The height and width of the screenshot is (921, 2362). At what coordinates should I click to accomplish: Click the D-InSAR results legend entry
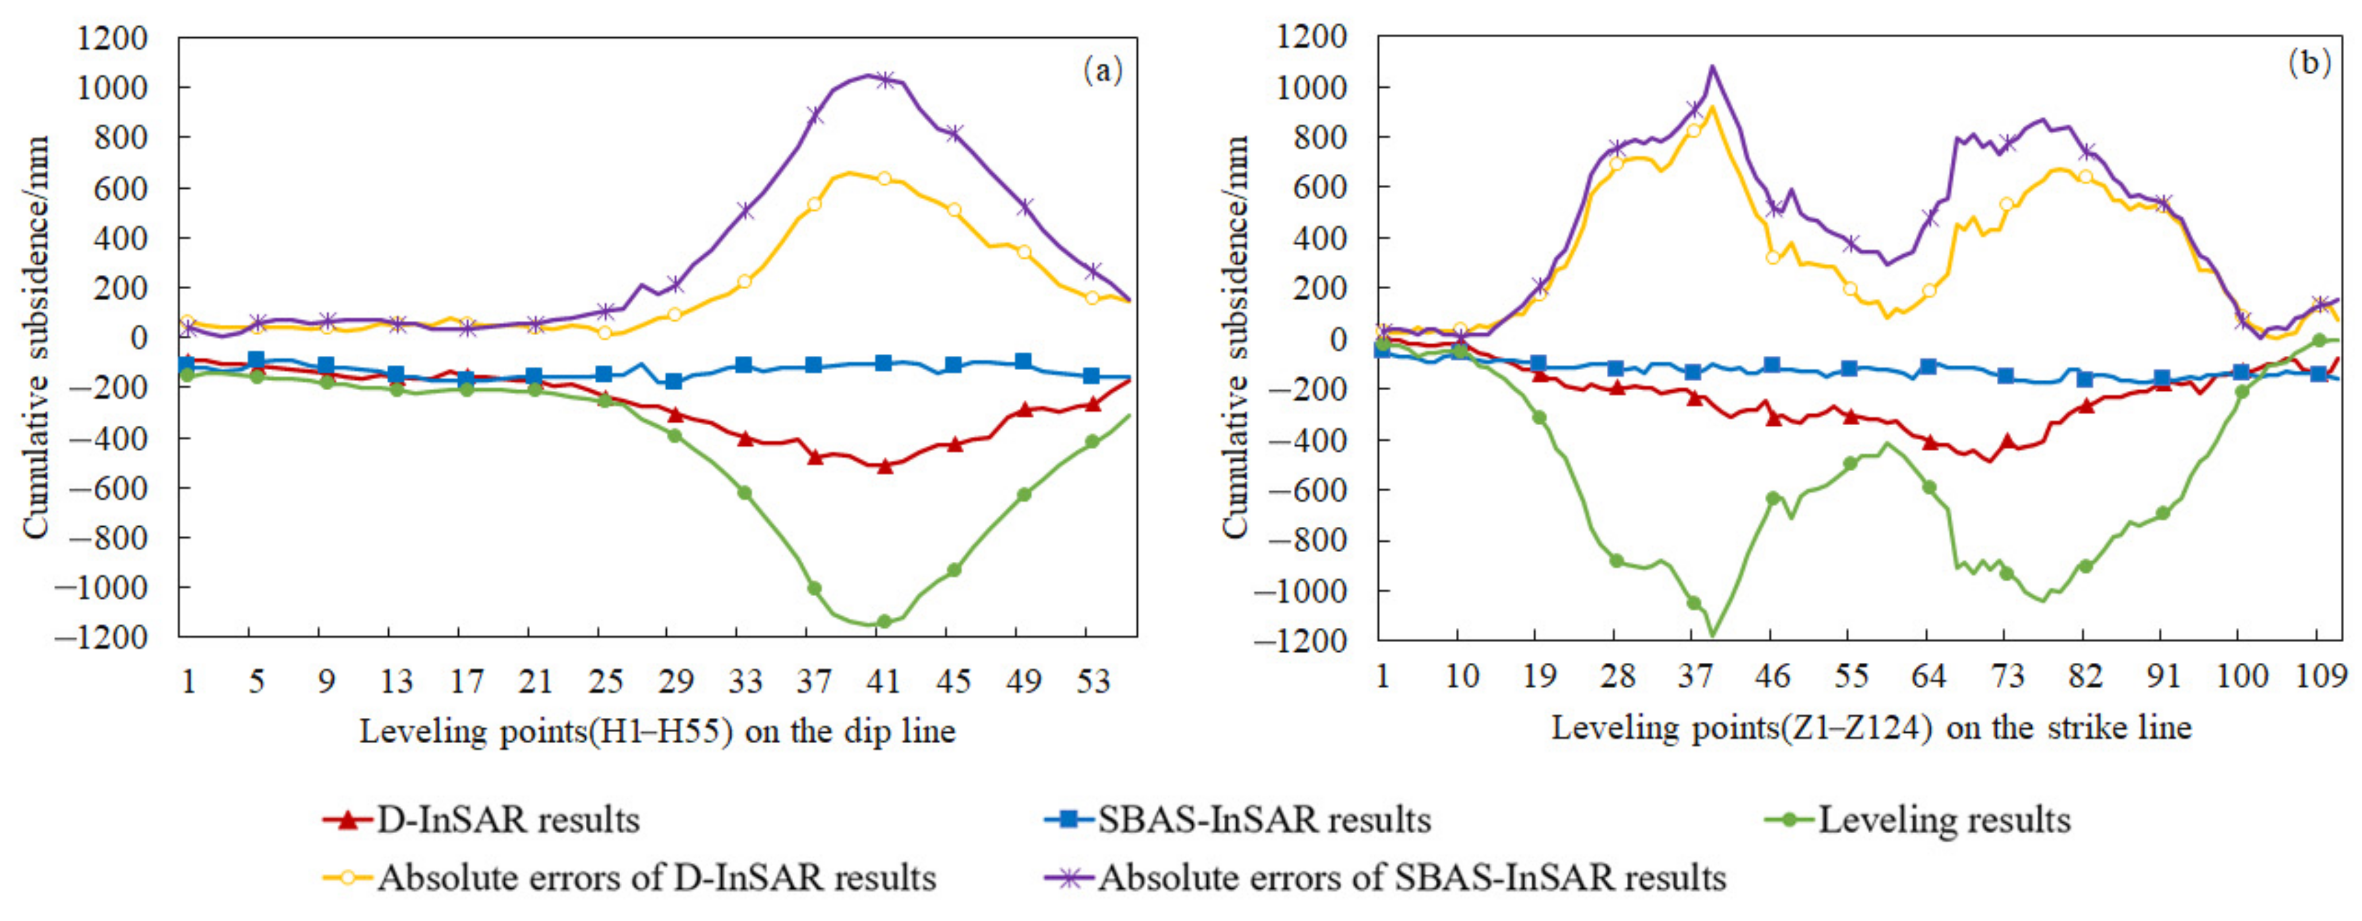tap(481, 819)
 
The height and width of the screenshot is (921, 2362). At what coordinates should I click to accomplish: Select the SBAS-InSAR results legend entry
tap(1238, 819)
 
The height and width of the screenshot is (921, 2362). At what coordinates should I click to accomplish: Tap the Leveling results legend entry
tap(1918, 819)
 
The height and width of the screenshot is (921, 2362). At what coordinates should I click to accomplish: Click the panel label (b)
tap(2309, 63)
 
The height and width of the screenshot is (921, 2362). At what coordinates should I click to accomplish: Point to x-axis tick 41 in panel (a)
tap(883, 681)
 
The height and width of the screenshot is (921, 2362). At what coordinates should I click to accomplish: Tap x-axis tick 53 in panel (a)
tap(1092, 681)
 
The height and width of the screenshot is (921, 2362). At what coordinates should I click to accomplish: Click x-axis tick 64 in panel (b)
tap(1928, 677)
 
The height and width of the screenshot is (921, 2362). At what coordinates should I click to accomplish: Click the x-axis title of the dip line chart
tap(658, 731)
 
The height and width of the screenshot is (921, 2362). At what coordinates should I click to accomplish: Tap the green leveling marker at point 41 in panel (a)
tap(884, 622)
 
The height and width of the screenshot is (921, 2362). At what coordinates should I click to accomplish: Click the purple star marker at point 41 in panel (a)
tap(884, 80)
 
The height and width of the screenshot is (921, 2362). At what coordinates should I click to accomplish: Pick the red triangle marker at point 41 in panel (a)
tap(884, 467)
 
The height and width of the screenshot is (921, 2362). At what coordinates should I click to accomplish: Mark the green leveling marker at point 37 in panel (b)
tap(1694, 603)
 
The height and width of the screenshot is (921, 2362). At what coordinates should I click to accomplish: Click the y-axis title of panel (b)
tap(1235, 337)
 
